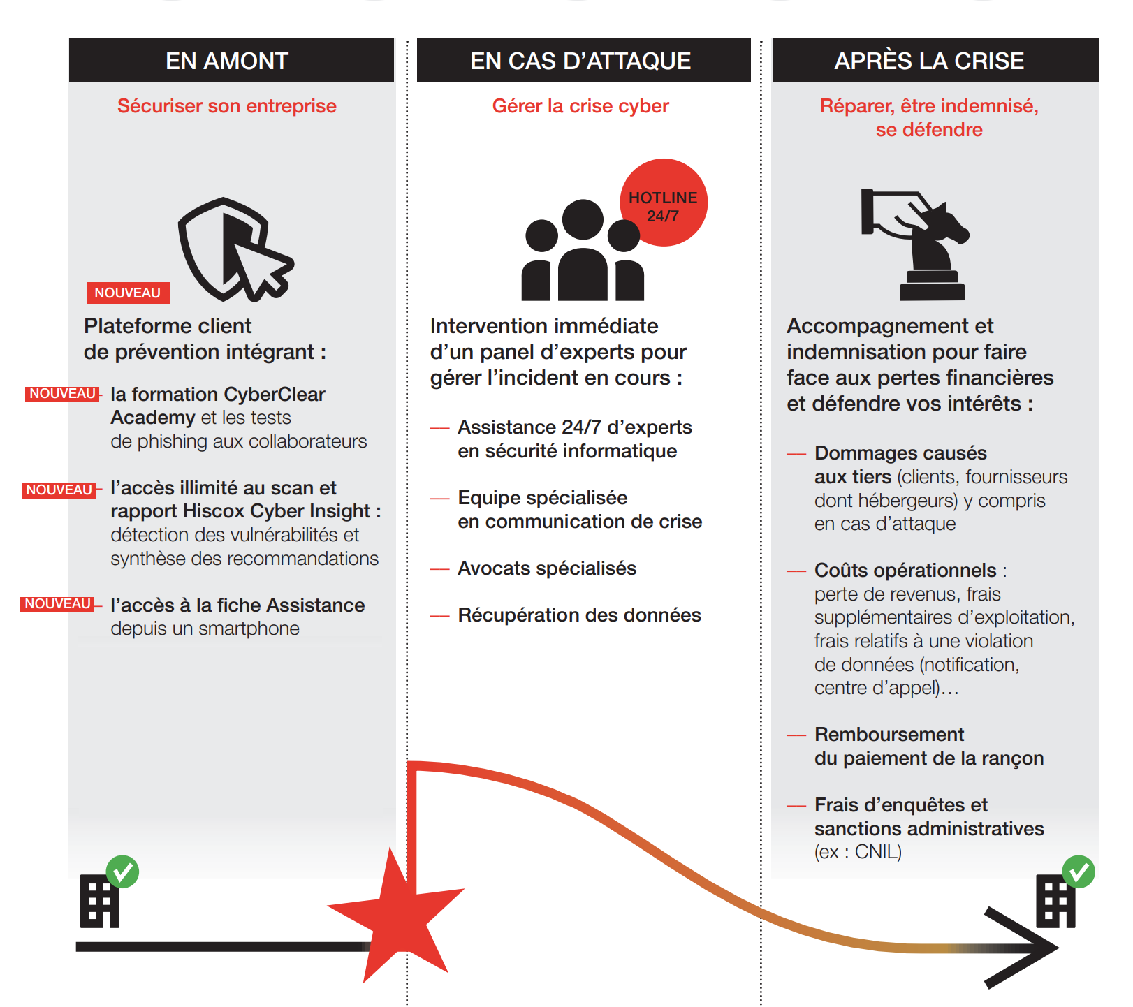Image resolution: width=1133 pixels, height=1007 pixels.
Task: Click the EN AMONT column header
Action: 227,61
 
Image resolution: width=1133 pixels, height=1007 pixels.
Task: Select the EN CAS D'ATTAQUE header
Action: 580,61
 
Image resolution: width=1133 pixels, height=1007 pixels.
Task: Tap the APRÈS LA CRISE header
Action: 929,61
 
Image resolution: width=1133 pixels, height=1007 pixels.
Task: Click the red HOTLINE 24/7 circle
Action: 664,203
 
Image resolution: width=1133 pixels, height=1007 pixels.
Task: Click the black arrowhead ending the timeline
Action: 1027,948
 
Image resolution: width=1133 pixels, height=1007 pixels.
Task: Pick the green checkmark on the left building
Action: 123,872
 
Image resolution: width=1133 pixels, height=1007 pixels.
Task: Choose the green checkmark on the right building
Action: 1079,872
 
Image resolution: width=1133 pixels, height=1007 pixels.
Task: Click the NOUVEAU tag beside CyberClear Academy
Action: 62,394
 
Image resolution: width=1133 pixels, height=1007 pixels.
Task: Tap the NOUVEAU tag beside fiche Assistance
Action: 57,604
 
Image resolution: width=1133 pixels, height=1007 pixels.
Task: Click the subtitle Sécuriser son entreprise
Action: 227,106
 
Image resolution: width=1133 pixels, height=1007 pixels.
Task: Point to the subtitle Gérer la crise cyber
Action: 580,106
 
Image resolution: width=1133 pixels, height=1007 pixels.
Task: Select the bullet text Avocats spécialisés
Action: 547,568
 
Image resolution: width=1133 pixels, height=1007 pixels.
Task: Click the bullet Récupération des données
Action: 579,615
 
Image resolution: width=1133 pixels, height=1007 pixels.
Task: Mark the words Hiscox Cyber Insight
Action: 276,511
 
